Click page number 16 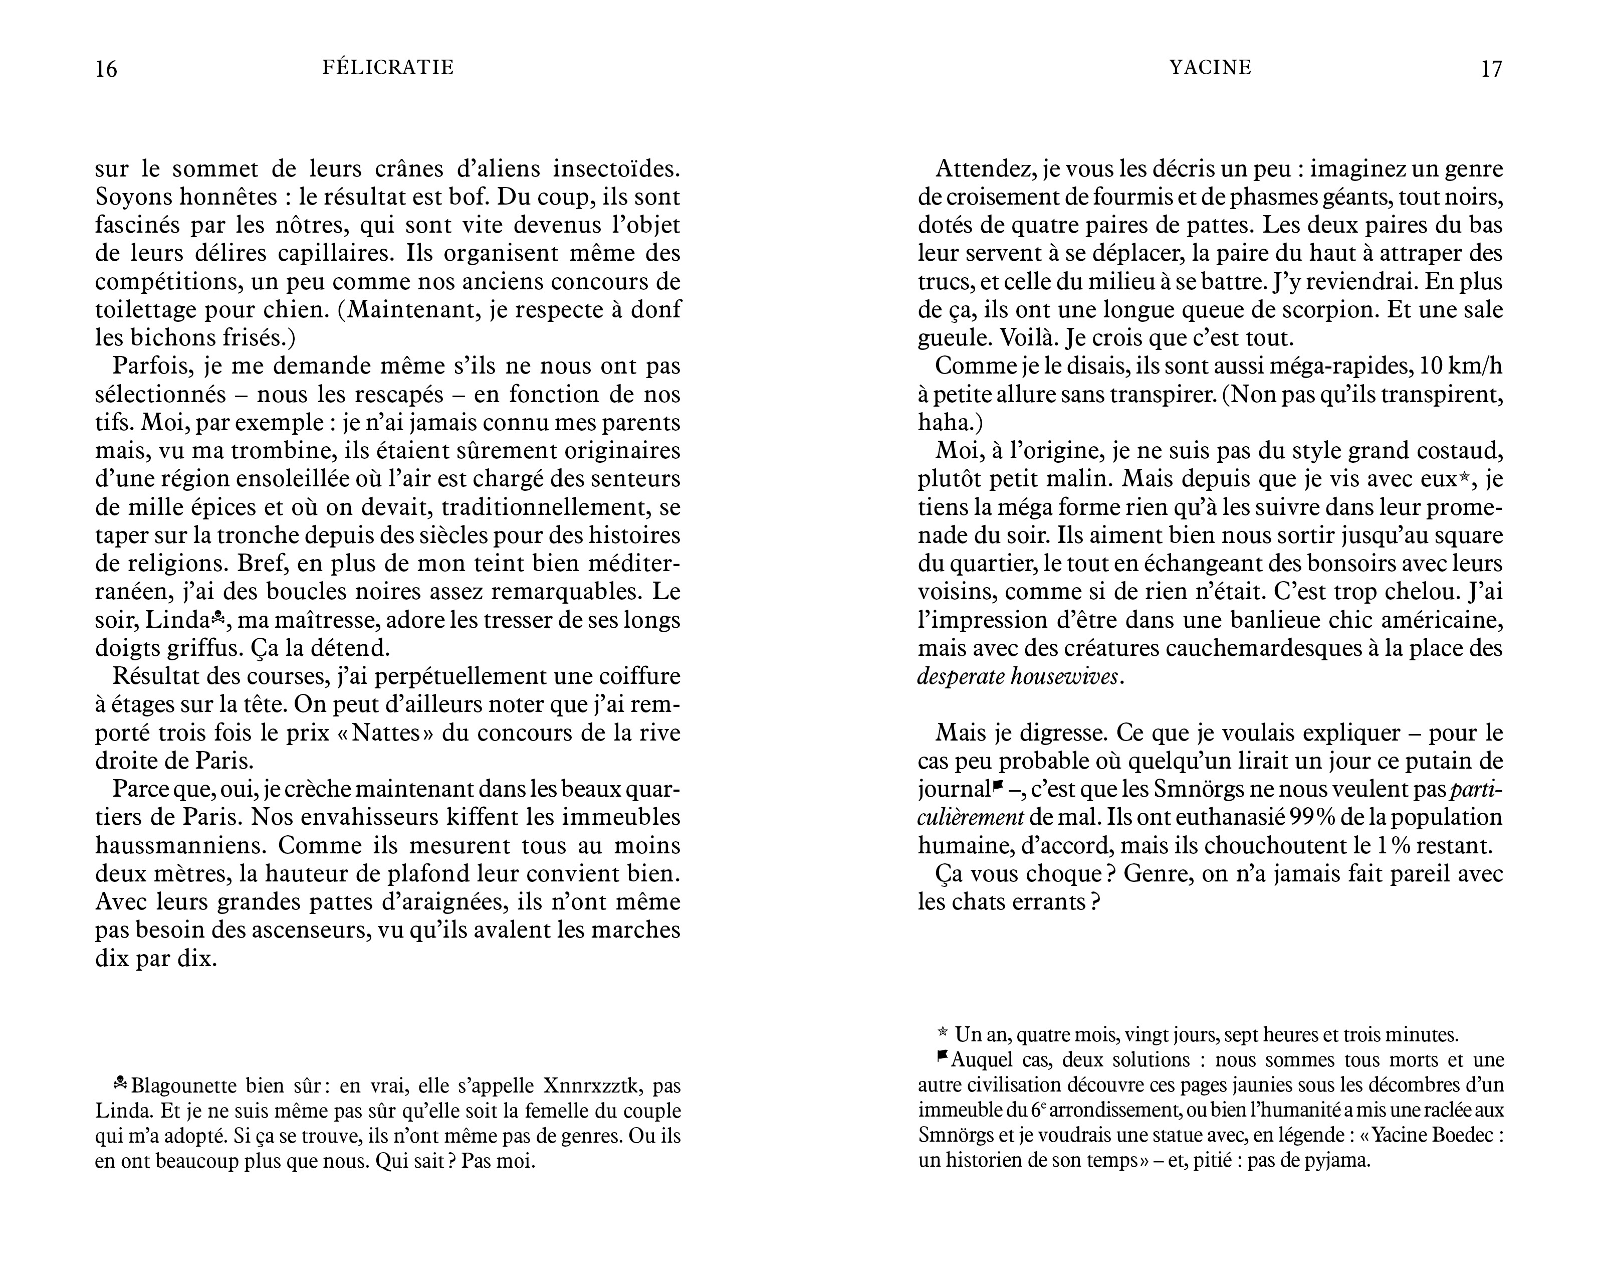pyautogui.click(x=107, y=69)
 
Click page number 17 pyautogui.click(x=1491, y=69)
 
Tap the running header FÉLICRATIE pyautogui.click(x=388, y=68)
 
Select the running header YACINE pyautogui.click(x=1210, y=68)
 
